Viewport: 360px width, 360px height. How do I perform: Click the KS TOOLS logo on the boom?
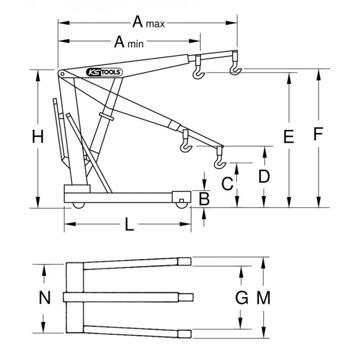pyautogui.click(x=103, y=72)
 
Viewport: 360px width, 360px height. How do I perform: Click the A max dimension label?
pyautogui.click(x=148, y=23)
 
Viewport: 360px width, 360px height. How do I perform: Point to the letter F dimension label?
pyautogui.click(x=318, y=135)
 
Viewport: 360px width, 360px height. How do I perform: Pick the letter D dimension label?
pyautogui.click(x=264, y=177)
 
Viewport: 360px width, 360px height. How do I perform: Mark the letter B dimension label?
pyautogui.click(x=204, y=199)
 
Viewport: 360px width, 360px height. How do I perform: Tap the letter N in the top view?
pyautogui.click(x=45, y=298)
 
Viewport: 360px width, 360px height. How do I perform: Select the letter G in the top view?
pyautogui.click(x=241, y=297)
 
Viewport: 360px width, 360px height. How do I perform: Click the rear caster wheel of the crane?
pyautogui.click(x=78, y=205)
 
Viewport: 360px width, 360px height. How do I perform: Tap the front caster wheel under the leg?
pyautogui.click(x=181, y=205)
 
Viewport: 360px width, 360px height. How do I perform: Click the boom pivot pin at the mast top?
pyautogui.click(x=62, y=75)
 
